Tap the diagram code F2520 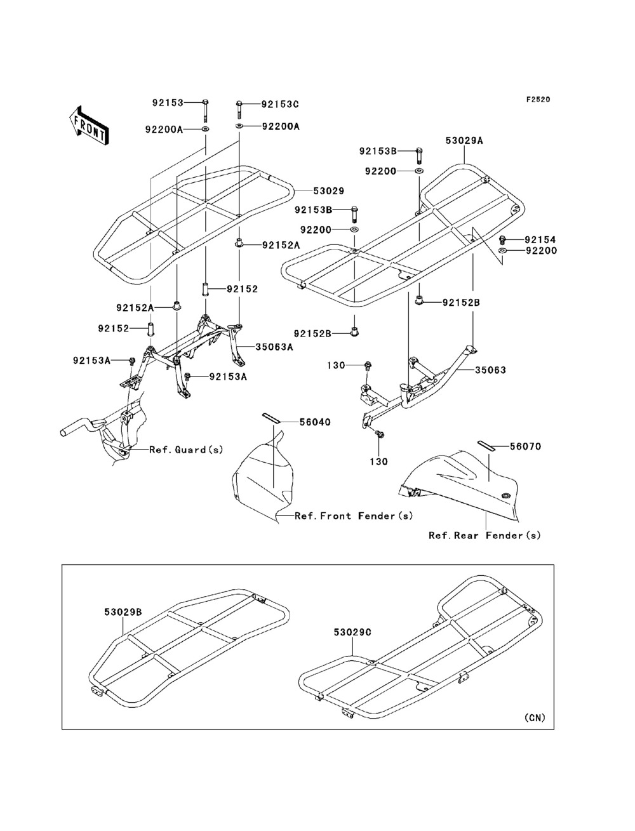pyautogui.click(x=538, y=100)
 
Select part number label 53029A pyautogui.click(x=464, y=141)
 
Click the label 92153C pyautogui.click(x=280, y=104)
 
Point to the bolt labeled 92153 pyautogui.click(x=206, y=111)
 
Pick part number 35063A pyautogui.click(x=274, y=347)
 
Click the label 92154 pyautogui.click(x=540, y=239)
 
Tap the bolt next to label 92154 pyautogui.click(x=503, y=239)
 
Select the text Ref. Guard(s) pyautogui.click(x=186, y=449)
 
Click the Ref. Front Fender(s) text pyautogui.click(x=354, y=515)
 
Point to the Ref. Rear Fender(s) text pyautogui.click(x=485, y=535)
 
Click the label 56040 pyautogui.click(x=315, y=422)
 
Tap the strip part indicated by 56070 pyautogui.click(x=486, y=446)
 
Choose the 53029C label pyautogui.click(x=352, y=632)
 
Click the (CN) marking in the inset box pyautogui.click(x=535, y=717)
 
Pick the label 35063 pyautogui.click(x=490, y=370)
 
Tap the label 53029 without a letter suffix pyautogui.click(x=329, y=191)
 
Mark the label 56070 pyautogui.click(x=526, y=446)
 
